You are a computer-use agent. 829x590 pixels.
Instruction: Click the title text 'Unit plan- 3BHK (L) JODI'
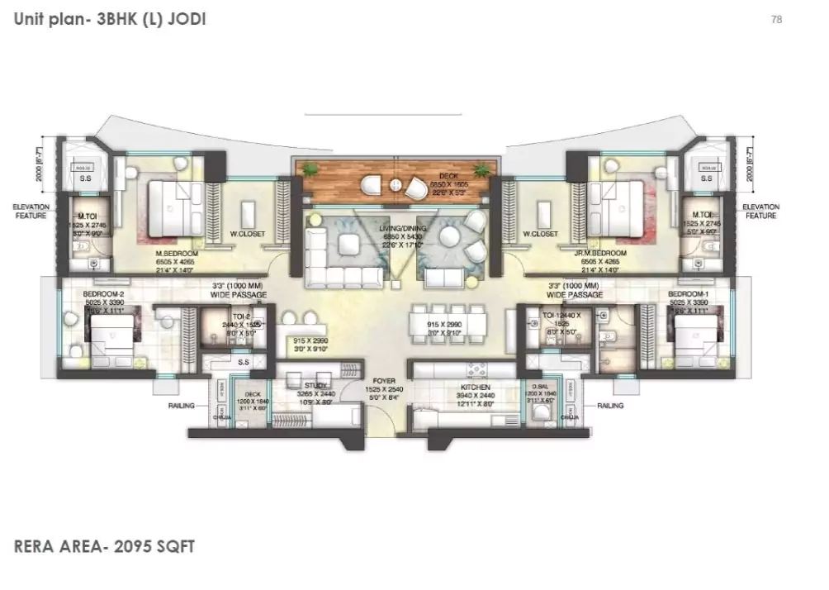coord(110,19)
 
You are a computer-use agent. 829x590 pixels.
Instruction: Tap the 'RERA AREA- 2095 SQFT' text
coord(104,546)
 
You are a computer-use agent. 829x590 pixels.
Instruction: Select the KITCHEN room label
coord(476,387)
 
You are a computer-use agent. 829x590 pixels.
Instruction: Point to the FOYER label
coord(381,383)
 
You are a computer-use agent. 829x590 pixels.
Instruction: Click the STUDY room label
coord(315,385)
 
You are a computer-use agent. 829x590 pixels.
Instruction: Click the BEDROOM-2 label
coord(103,293)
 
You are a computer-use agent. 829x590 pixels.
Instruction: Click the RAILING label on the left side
coord(181,406)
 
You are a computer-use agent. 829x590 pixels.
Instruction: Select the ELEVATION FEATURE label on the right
coord(760,211)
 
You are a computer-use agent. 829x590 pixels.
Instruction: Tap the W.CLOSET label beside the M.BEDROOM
coord(247,234)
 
